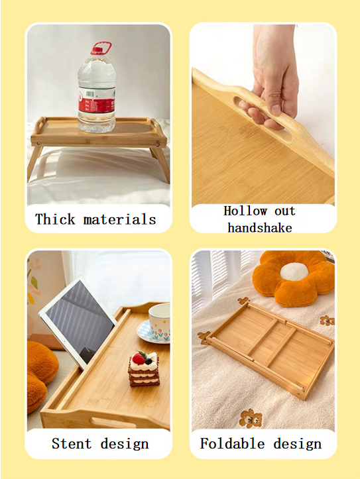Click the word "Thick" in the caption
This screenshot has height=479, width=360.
[55, 219]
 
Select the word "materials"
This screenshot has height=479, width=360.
[119, 219]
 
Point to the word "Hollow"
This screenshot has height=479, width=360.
[245, 211]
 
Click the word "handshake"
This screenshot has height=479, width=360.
[260, 228]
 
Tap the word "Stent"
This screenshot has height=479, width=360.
[72, 443]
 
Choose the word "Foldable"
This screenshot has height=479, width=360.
[232, 443]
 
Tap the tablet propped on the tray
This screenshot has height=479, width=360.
[78, 319]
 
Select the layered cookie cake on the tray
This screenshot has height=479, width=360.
[144, 369]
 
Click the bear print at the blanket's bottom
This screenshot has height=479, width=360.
[251, 418]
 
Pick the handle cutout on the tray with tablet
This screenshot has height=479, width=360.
[113, 423]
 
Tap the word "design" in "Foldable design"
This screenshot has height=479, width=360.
[298, 444]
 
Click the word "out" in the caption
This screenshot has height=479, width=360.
[285, 211]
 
